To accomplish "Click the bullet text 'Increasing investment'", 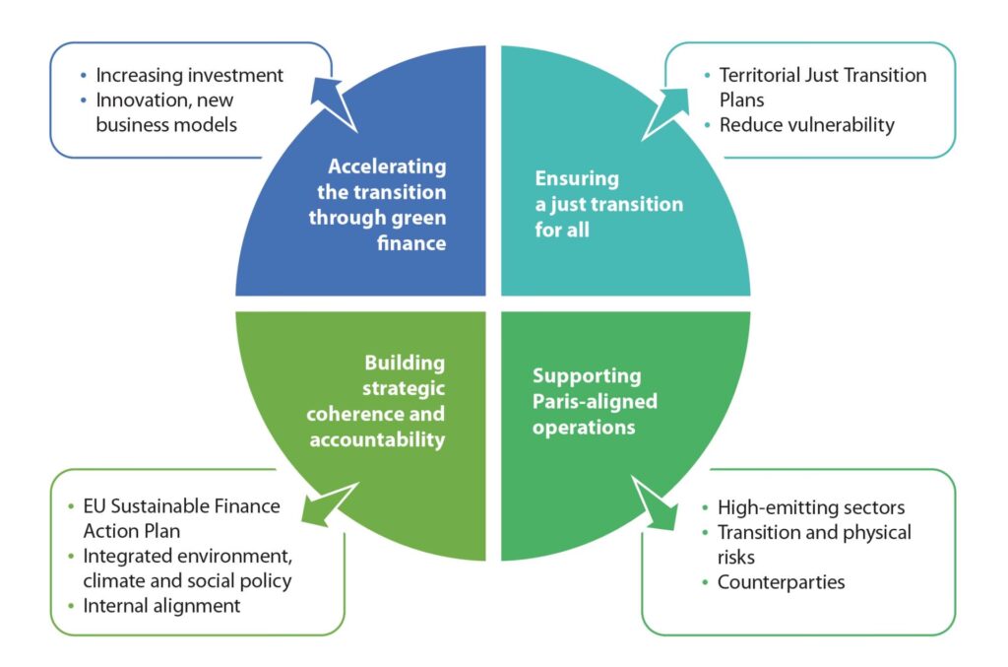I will coord(189,75).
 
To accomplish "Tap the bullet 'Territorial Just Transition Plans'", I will coord(823,88).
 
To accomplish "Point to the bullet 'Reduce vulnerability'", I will coord(806,125).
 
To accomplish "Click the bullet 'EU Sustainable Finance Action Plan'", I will coord(181,518).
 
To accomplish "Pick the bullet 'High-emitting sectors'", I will coord(811,508).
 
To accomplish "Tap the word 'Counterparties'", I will coord(781,582).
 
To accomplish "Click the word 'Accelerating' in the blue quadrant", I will coord(387,167).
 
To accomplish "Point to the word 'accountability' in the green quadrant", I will coord(377,439).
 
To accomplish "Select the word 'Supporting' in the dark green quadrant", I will coord(587,375).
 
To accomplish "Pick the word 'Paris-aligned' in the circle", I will coord(595,401).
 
